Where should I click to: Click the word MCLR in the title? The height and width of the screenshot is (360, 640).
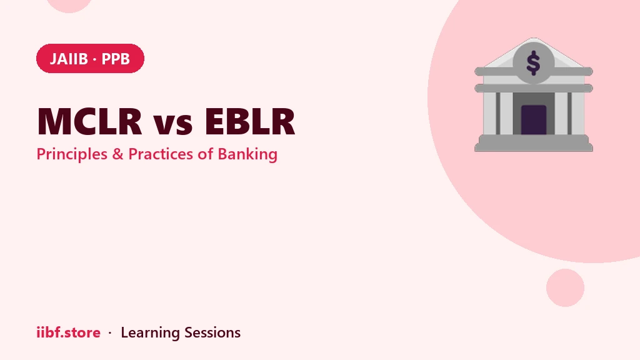tap(89, 121)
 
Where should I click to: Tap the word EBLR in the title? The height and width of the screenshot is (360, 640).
tap(250, 121)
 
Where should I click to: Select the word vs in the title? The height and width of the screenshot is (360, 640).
tap(173, 124)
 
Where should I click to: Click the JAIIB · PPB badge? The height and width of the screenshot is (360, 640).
tap(90, 58)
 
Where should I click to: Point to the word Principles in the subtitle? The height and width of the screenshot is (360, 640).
tap(72, 154)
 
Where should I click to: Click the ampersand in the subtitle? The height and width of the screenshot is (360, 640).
tap(117, 154)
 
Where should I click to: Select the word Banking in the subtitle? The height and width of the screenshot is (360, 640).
tap(247, 155)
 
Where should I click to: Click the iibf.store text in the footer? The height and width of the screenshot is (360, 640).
tap(68, 332)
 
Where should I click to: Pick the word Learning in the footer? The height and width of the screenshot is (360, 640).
tap(150, 333)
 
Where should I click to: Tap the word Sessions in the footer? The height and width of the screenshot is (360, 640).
tap(212, 332)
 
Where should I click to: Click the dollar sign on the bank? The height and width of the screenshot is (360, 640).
tap(534, 63)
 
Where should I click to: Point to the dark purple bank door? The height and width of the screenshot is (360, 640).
tap(534, 119)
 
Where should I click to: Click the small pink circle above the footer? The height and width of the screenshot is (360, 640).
tap(565, 287)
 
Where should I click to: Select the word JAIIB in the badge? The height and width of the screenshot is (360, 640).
tap(69, 59)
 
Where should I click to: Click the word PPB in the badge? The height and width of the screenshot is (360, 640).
tap(116, 59)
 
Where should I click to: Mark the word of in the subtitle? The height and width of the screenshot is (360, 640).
tap(205, 154)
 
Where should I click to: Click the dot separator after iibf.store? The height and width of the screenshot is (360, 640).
tap(110, 333)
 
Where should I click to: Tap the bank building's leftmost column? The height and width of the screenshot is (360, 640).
tap(490, 114)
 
